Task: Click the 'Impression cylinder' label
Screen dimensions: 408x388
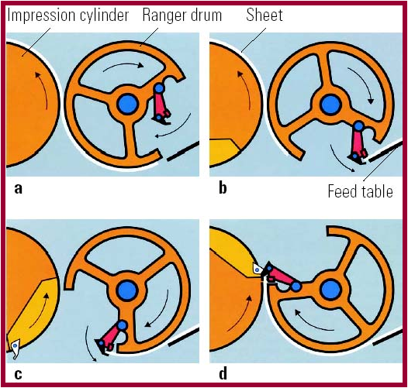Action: click(68, 15)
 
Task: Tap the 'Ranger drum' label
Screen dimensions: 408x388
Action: click(182, 15)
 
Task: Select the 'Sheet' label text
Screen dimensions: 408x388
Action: click(264, 15)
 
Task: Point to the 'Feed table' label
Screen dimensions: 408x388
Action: click(360, 191)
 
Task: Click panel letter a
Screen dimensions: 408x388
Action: click(18, 189)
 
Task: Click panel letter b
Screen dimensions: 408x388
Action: click(223, 187)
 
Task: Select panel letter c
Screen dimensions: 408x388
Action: click(18, 375)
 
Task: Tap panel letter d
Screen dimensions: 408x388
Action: click(223, 373)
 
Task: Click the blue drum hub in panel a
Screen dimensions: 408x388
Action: click(127, 105)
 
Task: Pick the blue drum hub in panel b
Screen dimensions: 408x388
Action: click(330, 105)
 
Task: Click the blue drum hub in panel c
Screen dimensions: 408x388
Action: click(127, 290)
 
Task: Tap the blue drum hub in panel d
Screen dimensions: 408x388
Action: click(331, 290)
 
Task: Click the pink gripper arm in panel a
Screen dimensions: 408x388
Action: click(161, 104)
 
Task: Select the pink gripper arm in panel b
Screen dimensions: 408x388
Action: click(358, 143)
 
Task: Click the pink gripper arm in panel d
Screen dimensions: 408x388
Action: click(282, 276)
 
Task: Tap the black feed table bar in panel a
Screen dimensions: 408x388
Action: click(183, 151)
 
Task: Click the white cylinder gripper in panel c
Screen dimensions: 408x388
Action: click(15, 349)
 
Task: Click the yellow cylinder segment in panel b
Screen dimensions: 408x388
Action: click(223, 153)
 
